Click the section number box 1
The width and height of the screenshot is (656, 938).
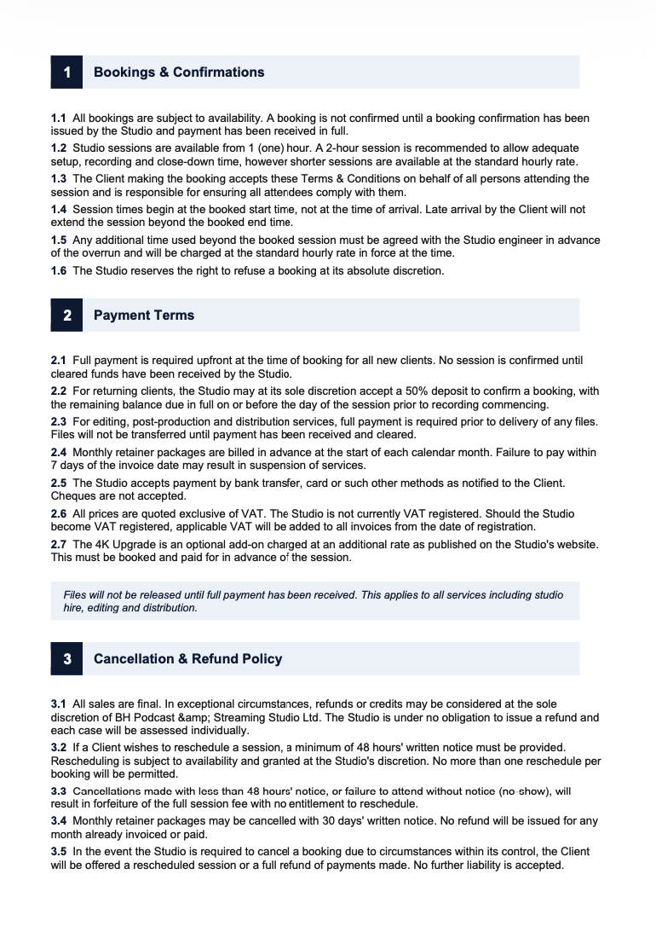click(66, 72)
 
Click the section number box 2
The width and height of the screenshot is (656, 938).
click(66, 316)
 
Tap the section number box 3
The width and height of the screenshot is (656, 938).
click(66, 659)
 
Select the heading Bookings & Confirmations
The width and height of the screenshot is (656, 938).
click(179, 72)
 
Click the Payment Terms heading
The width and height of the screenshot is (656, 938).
click(144, 316)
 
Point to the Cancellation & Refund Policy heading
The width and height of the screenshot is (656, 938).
click(187, 659)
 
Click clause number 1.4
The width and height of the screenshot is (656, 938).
click(59, 209)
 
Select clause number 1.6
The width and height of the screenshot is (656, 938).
click(59, 271)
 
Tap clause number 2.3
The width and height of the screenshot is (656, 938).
click(59, 422)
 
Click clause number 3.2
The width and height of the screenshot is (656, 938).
click(59, 747)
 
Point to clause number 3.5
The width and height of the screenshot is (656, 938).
click(59, 852)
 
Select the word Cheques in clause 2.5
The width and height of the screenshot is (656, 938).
click(72, 496)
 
